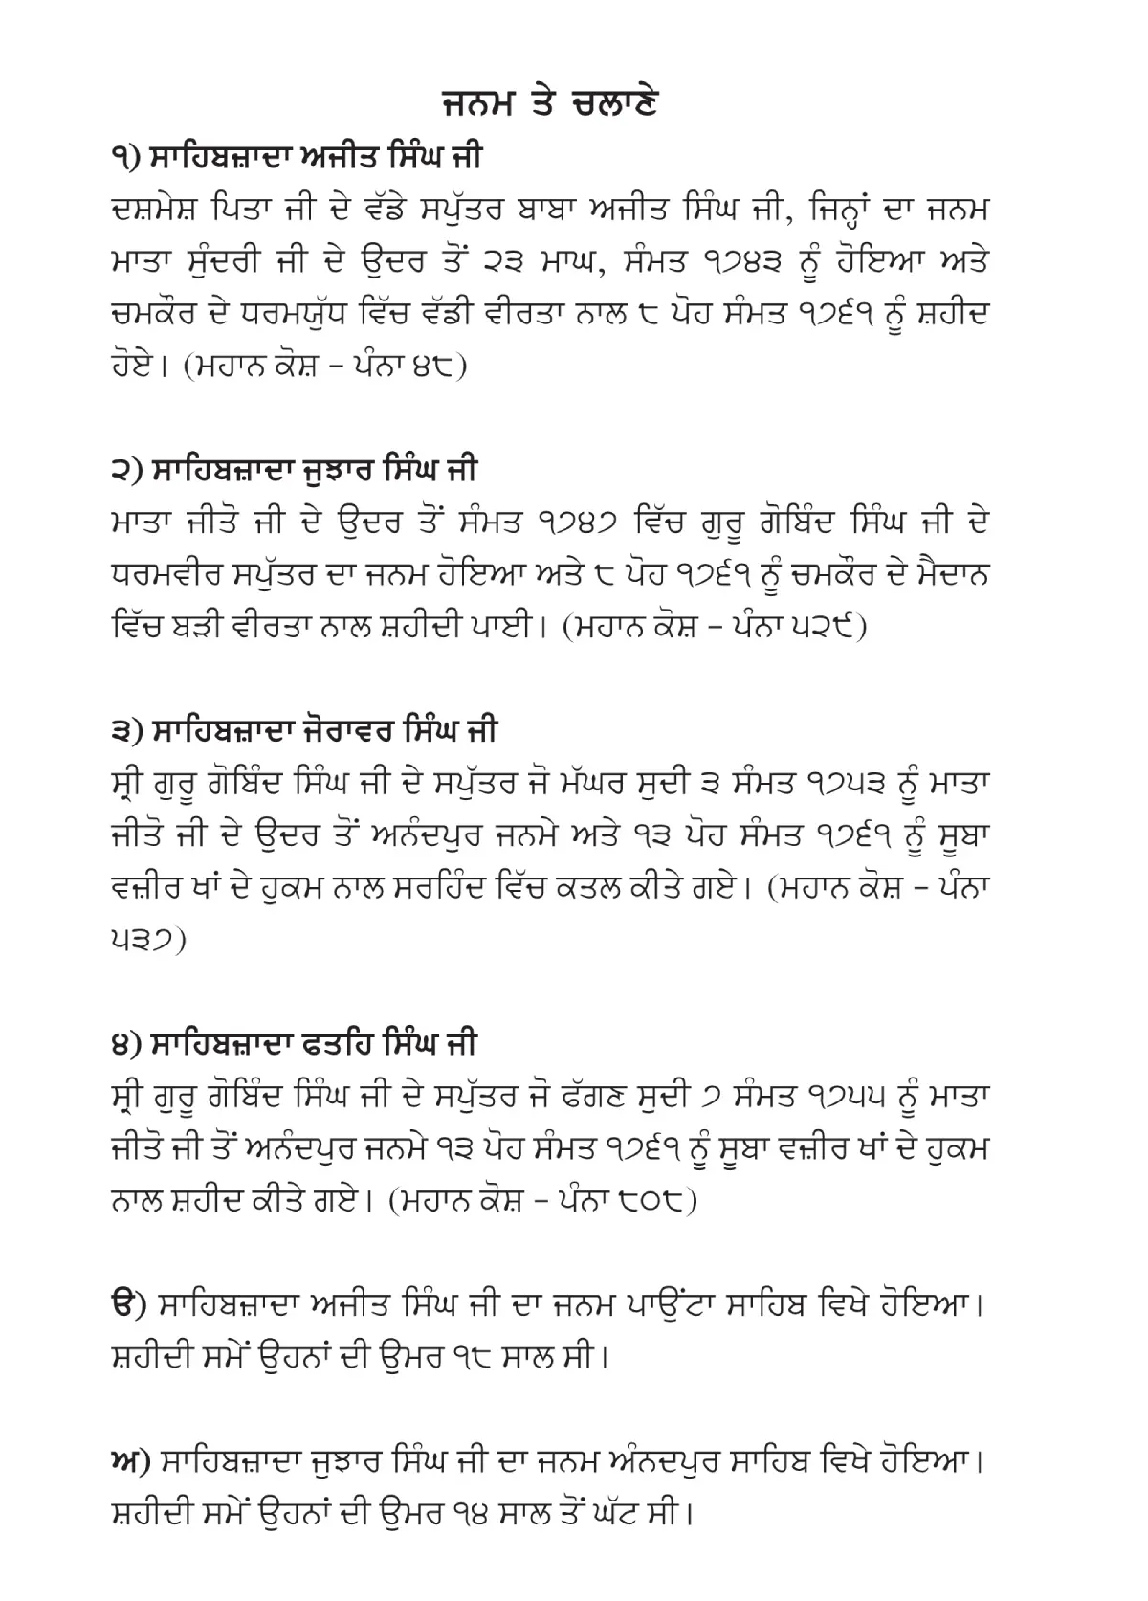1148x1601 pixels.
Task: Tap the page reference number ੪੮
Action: click(429, 367)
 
